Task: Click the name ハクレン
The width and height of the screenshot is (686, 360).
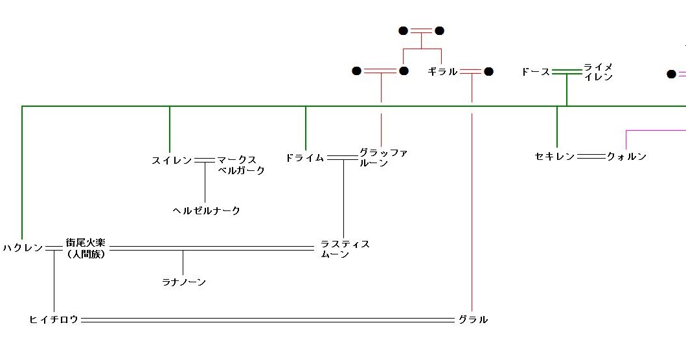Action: pos(23,248)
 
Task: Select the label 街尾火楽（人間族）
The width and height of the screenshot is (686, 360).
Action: pos(86,248)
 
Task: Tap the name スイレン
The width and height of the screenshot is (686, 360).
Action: pos(172,160)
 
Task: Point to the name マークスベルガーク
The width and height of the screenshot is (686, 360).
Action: pos(240,165)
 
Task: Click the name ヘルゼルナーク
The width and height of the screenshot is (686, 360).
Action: pos(206,210)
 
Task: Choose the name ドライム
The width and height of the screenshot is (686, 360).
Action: pos(304,157)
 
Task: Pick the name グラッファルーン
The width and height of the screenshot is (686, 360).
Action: pos(383,158)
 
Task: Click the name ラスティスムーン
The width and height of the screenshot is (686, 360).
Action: pos(345,249)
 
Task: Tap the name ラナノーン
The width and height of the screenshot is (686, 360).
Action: pos(184,282)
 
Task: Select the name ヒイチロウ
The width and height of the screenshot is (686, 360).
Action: pos(54,319)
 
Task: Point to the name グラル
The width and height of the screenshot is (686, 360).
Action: pos(473,319)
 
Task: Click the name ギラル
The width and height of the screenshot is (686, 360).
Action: pos(442,71)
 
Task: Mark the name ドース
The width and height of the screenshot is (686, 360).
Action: pos(535,71)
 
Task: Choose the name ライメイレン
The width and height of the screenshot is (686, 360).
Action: pos(597,72)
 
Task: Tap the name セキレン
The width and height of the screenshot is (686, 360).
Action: pos(555,156)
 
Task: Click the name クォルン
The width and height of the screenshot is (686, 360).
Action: pos(626,156)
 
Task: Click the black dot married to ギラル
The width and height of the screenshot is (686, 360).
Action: pos(488,71)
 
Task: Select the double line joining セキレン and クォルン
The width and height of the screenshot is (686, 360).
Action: pos(590,156)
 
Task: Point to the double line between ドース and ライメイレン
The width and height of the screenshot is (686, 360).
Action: pos(567,71)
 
